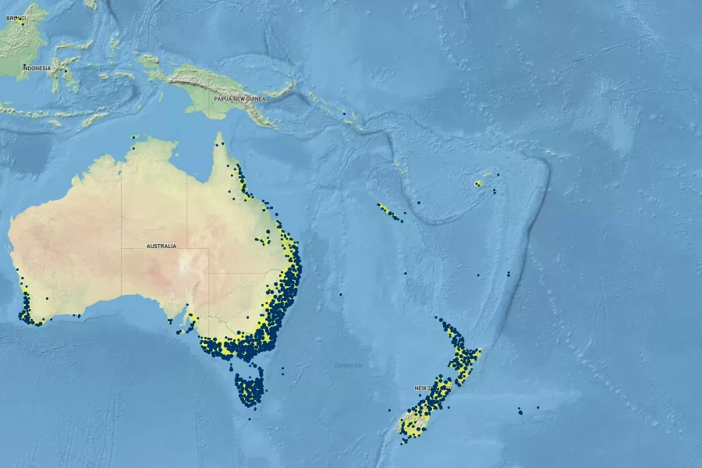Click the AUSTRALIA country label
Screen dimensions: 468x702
161,246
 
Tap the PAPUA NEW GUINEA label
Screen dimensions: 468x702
239,100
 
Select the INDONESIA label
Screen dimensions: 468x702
37,69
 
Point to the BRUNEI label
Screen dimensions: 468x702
15,17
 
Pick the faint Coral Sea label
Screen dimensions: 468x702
328,187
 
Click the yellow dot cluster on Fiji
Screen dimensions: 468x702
477,184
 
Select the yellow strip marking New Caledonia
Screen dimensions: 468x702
388,211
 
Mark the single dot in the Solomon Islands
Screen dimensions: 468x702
344,113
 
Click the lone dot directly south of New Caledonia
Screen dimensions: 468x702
406,274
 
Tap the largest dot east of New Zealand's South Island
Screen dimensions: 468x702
520,411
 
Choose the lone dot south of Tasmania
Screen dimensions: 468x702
250,420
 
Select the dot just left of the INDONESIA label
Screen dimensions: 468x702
24,66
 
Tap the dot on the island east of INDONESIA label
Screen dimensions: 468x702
66,72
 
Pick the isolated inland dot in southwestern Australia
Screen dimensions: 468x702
47,298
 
